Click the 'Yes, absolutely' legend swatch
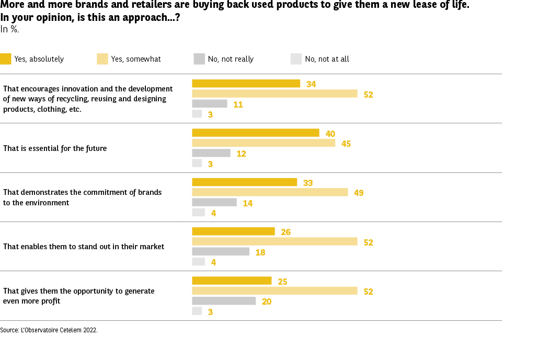click(5, 59)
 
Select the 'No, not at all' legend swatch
click(296, 59)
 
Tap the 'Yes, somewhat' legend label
click(136, 59)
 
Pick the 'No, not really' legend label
click(231, 59)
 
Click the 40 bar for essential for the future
click(256, 133)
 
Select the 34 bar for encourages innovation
click(246, 84)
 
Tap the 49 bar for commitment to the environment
click(270, 192)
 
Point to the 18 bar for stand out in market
click(221, 252)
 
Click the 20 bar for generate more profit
click(224, 301)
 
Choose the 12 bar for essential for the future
click(211, 153)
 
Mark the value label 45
click(346, 144)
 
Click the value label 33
click(308, 183)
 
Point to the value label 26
click(285, 232)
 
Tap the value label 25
click(282, 282)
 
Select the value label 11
click(238, 104)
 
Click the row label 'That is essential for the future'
click(55, 148)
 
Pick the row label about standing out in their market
click(84, 247)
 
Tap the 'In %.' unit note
click(9, 29)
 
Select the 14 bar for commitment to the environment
click(214, 202)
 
